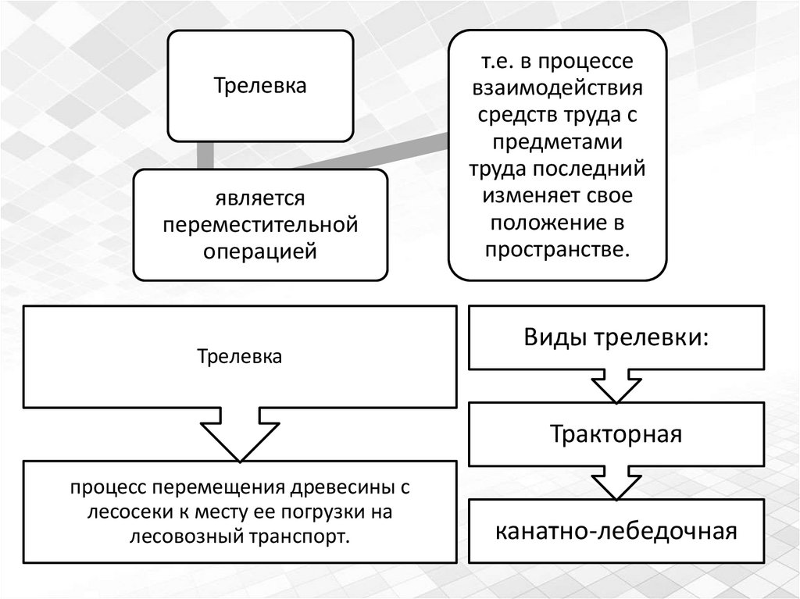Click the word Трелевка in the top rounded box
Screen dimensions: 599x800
click(x=261, y=85)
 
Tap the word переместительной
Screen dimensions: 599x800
click(x=260, y=226)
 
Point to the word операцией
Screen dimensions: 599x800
click(x=260, y=251)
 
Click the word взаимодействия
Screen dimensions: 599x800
click(x=556, y=87)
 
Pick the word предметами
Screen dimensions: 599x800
click(x=556, y=141)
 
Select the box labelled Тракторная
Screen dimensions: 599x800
click(x=616, y=434)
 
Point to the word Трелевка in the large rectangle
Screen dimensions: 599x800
click(x=241, y=356)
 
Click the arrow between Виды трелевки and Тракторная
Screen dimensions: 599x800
click(x=616, y=385)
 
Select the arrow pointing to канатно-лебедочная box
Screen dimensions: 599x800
click(x=616, y=483)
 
